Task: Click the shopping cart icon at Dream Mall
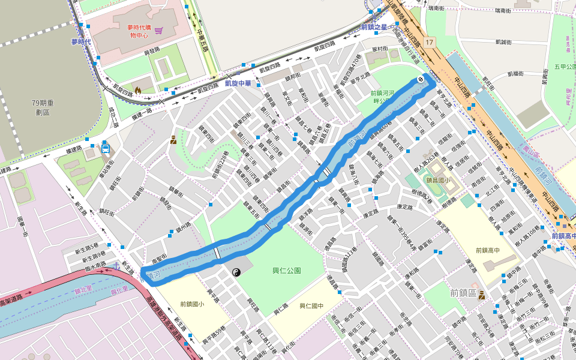(x=158, y=31)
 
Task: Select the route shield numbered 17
(x=428, y=42)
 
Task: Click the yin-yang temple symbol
(x=236, y=272)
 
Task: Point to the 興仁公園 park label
(x=287, y=271)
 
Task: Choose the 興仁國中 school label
(x=311, y=306)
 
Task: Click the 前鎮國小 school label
(x=191, y=304)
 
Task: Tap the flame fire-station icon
(x=138, y=90)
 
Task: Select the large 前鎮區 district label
(x=463, y=293)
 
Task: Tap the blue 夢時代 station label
(x=81, y=42)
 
